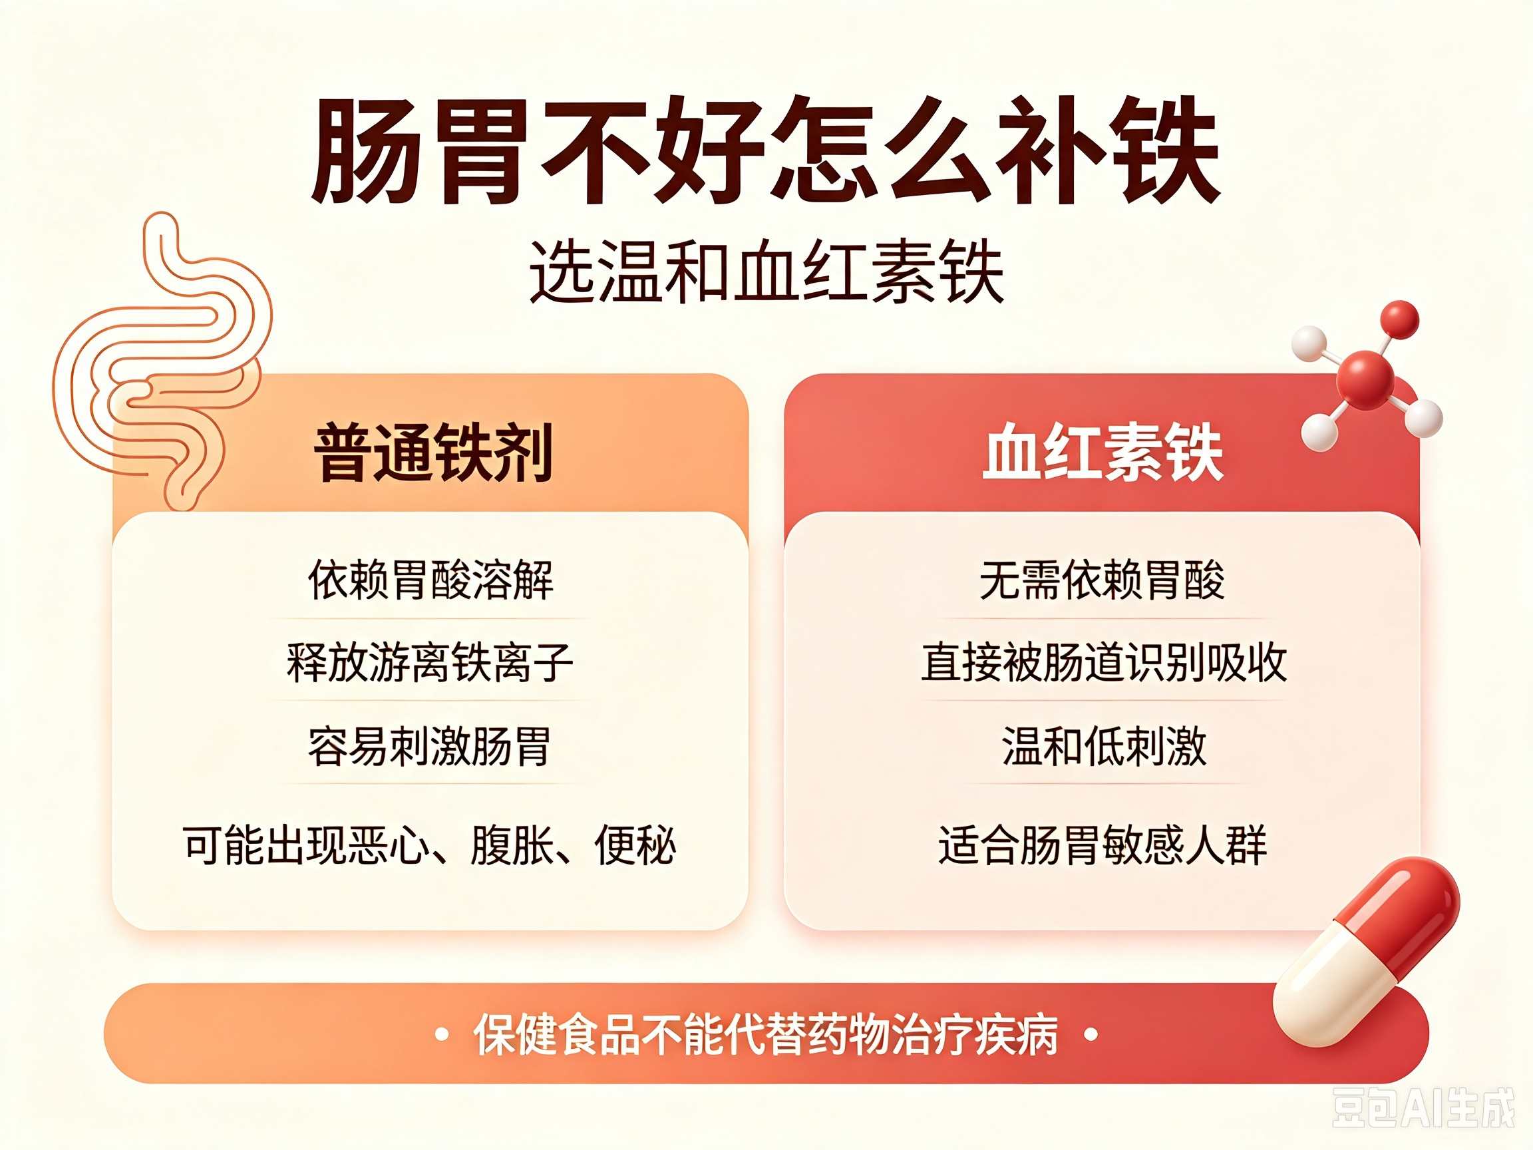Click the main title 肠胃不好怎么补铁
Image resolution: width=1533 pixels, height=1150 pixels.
[766, 150]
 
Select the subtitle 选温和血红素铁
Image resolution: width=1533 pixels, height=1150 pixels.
[766, 272]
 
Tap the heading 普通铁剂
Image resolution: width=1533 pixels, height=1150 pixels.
[434, 452]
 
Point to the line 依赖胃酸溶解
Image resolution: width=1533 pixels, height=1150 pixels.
[430, 580]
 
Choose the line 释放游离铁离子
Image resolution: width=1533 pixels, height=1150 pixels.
[430, 663]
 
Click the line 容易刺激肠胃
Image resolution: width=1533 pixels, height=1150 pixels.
[430, 747]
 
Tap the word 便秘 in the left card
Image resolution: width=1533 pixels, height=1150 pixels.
[635, 845]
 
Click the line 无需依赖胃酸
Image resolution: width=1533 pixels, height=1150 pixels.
[1102, 580]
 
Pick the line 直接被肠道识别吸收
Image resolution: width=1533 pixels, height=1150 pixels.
[1104, 663]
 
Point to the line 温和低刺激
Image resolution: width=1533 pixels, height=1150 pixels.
[1104, 747]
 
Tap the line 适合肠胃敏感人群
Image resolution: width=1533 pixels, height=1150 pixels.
[1103, 845]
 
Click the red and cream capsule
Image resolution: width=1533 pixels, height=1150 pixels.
[1366, 952]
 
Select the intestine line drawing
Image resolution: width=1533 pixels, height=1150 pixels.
[163, 361]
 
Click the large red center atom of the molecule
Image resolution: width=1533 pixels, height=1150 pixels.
[1365, 380]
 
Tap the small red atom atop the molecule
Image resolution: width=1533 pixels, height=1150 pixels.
[1399, 320]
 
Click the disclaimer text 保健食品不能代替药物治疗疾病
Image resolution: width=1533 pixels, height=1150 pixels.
[766, 1035]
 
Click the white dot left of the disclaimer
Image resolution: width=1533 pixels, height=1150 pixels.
[440, 1035]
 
